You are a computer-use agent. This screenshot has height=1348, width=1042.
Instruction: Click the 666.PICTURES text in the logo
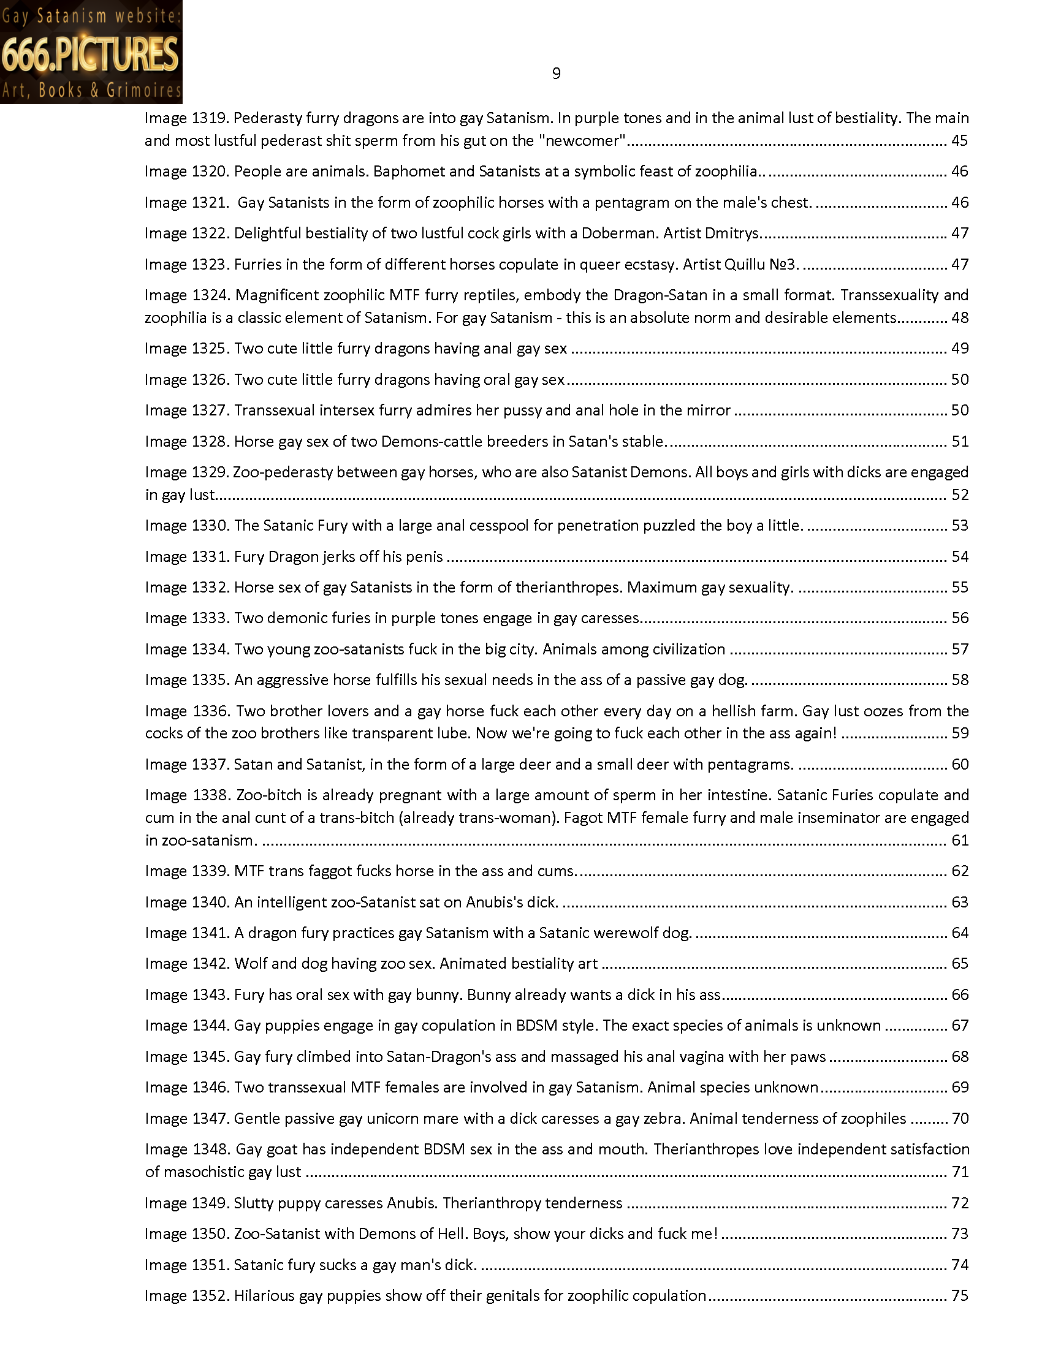tap(91, 53)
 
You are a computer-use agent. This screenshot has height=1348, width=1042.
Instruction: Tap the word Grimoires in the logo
tap(144, 91)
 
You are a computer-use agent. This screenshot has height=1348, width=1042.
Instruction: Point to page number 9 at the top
tap(556, 74)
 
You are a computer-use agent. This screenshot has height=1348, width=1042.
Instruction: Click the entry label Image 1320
tap(187, 172)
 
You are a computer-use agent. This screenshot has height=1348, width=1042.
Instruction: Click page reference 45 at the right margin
tap(959, 141)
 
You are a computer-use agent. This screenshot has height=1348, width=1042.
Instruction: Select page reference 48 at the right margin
tap(959, 318)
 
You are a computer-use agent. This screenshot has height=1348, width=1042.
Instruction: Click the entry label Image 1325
tap(187, 349)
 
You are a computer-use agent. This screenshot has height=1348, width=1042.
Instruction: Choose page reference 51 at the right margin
tap(959, 441)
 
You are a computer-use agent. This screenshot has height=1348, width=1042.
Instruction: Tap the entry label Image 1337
tap(187, 765)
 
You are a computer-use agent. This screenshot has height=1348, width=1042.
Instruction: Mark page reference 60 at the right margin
tap(959, 765)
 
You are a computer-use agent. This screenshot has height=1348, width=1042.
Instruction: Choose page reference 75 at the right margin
tap(959, 1295)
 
